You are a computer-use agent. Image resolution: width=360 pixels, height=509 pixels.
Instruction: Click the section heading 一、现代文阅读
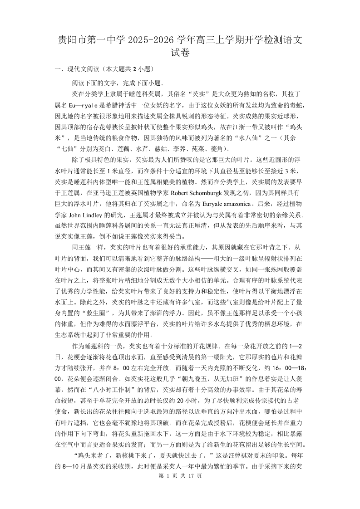[x=77, y=69]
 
